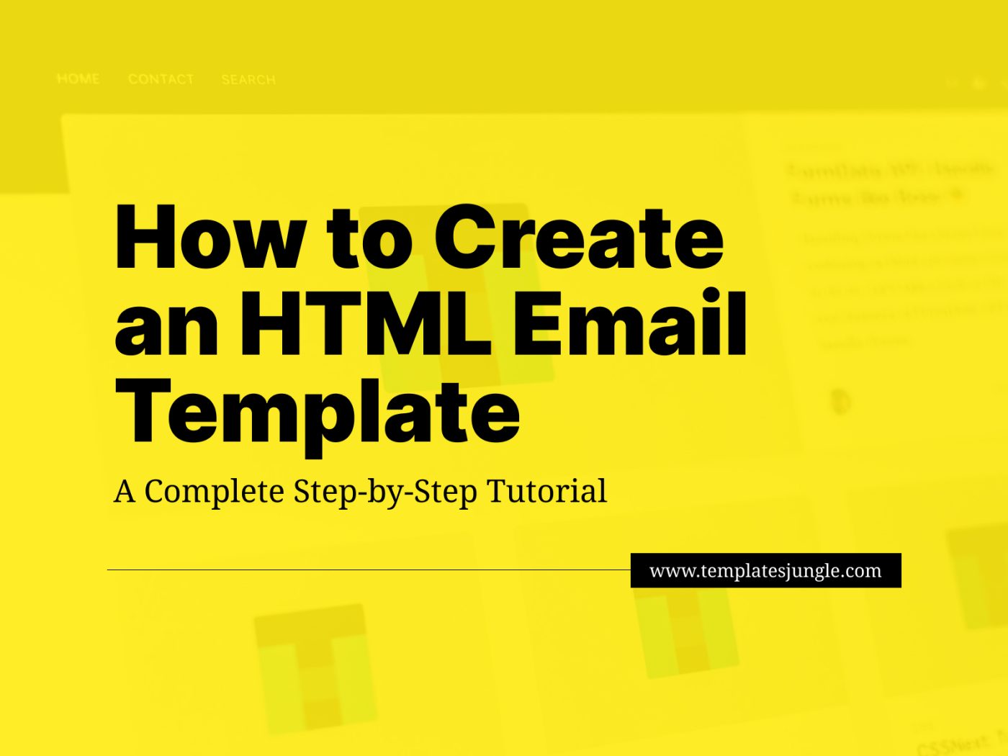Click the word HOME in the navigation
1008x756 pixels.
click(x=78, y=78)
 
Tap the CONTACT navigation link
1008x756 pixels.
click(x=161, y=79)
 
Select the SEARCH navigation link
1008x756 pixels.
click(x=248, y=79)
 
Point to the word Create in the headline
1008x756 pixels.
click(x=580, y=238)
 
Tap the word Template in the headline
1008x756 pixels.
click(x=317, y=412)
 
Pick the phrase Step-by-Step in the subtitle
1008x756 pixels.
click(x=385, y=492)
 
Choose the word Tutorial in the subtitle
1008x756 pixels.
click(x=547, y=491)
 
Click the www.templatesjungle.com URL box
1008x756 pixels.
click(x=765, y=570)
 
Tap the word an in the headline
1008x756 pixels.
click(x=166, y=324)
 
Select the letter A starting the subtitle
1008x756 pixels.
click(x=125, y=492)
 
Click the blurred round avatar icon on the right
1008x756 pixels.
click(x=840, y=401)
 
